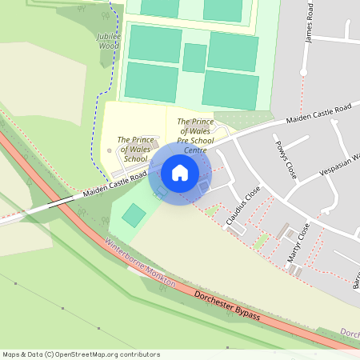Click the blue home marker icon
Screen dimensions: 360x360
[x=180, y=172]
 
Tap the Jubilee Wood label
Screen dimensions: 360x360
[x=108, y=41]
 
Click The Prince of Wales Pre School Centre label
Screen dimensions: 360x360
[x=195, y=135]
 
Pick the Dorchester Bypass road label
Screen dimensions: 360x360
[x=227, y=306]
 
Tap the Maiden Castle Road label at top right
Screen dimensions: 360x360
[x=319, y=115]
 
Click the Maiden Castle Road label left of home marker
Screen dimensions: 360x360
[x=115, y=183]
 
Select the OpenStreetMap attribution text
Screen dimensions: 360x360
[x=81, y=354]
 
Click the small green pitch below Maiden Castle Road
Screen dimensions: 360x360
[x=134, y=215]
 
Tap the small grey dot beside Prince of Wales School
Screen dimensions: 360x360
[x=110, y=150]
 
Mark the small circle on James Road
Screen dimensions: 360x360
[x=303, y=73]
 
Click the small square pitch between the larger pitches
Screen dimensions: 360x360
[x=194, y=58]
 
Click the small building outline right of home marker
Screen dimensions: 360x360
[x=204, y=186]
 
